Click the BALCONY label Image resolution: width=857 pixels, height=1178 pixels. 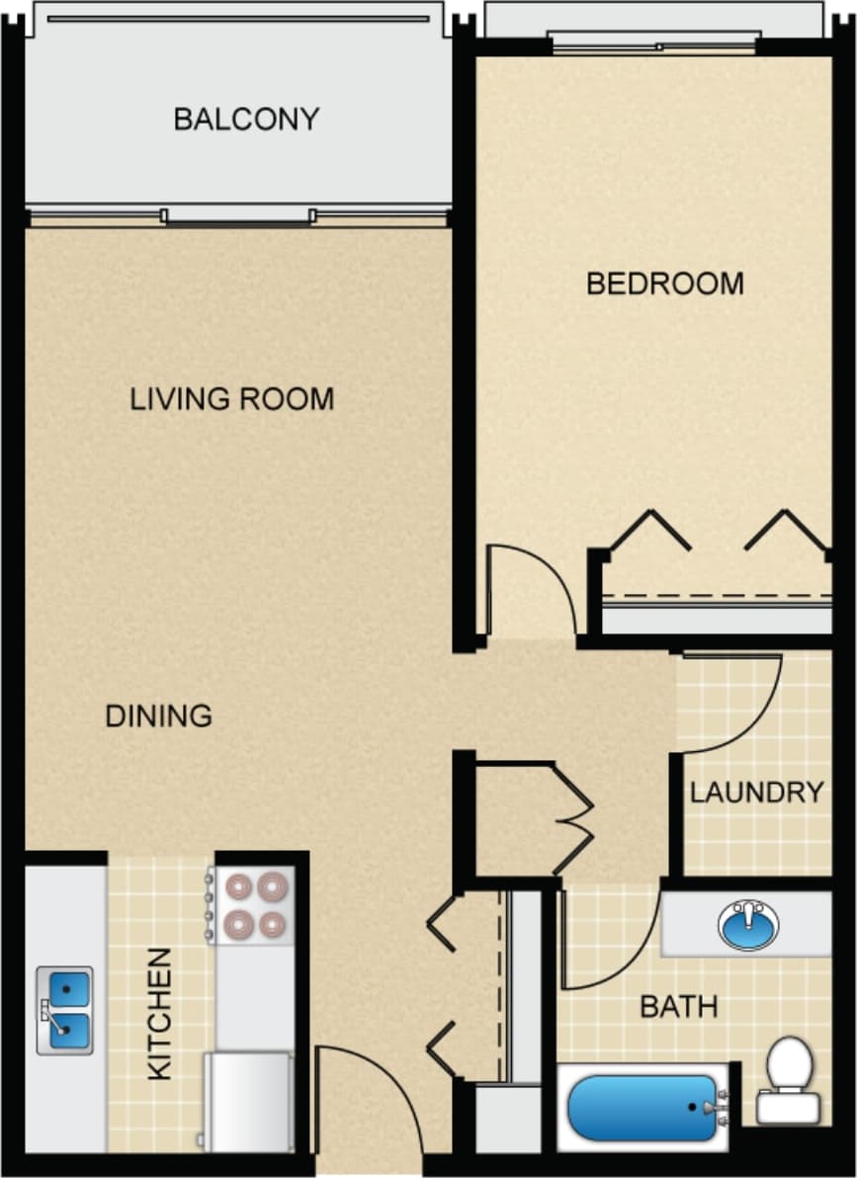pyautogui.click(x=246, y=120)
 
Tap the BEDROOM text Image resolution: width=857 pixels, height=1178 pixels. pyautogui.click(x=664, y=285)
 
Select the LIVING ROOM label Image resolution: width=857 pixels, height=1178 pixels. pyautogui.click(x=232, y=399)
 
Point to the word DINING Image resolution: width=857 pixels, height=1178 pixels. pyautogui.click(x=158, y=715)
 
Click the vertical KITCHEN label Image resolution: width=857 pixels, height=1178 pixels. pyautogui.click(x=159, y=1013)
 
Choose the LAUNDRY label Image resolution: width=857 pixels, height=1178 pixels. pyautogui.click(x=756, y=792)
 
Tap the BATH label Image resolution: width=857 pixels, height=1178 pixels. pyautogui.click(x=678, y=1007)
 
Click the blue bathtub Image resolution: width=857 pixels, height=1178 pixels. pyautogui.click(x=643, y=1108)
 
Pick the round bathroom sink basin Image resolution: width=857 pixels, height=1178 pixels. pyautogui.click(x=748, y=925)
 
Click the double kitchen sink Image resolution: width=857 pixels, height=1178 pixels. pyautogui.click(x=65, y=1010)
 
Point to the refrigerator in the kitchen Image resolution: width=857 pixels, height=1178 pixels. pyautogui.click(x=249, y=1101)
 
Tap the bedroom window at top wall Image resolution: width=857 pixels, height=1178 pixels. pyautogui.click(x=654, y=42)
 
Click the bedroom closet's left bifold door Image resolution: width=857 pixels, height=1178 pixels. pyautogui.click(x=648, y=529)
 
